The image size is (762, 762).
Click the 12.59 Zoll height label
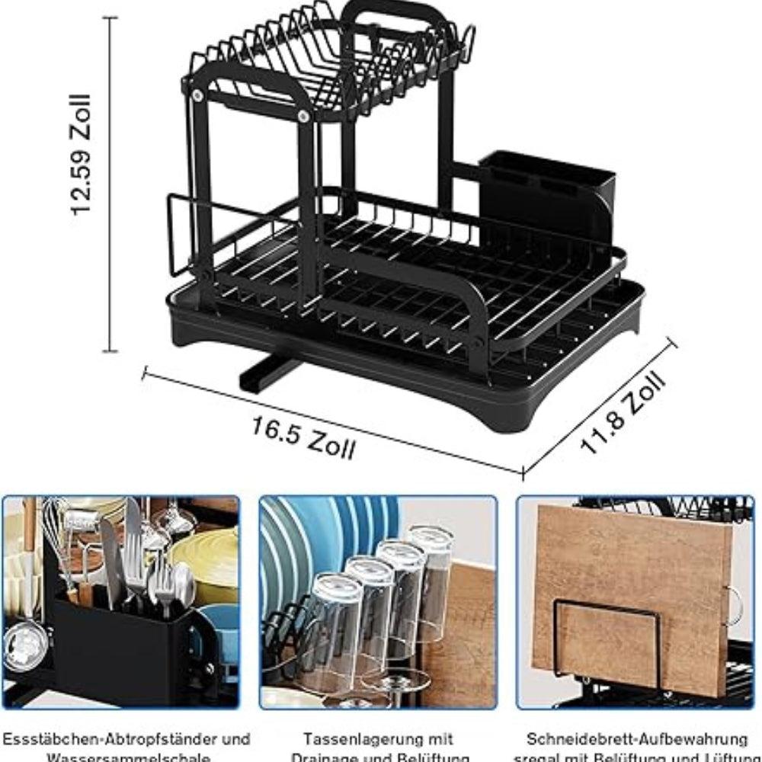click(x=82, y=155)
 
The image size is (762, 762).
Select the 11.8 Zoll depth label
click(x=624, y=412)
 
